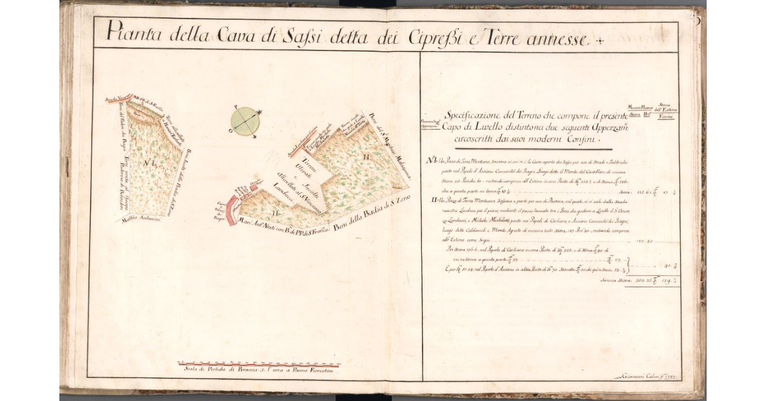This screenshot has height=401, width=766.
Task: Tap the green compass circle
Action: click(244, 120)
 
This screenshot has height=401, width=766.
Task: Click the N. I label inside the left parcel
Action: click(151, 162)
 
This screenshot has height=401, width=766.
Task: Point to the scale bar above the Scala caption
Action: click(259, 364)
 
